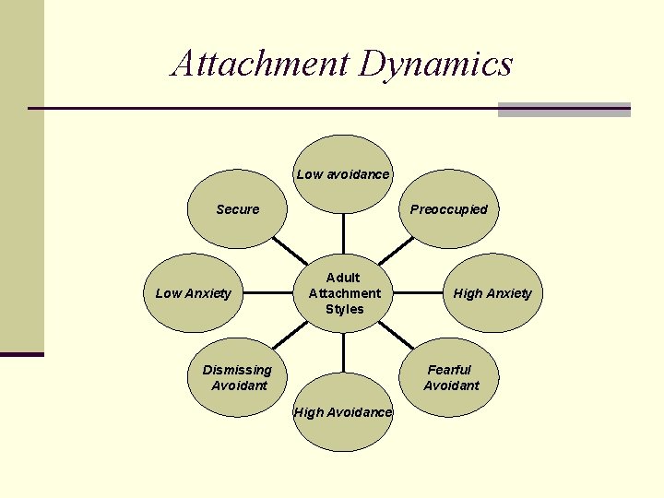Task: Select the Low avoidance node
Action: point(343,174)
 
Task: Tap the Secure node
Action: point(237,209)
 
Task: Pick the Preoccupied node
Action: point(449,209)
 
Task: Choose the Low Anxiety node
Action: point(194,293)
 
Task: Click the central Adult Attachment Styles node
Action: point(343,293)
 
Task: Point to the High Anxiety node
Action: point(492,293)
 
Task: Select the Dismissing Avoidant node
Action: point(237,377)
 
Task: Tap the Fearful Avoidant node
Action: point(450,377)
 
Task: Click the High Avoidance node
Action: point(343,412)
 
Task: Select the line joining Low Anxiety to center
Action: point(272,293)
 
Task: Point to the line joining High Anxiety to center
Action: point(415,293)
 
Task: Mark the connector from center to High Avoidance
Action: point(343,353)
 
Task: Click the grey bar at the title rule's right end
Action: point(563,110)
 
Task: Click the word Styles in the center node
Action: point(344,309)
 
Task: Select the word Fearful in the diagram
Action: point(449,370)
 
